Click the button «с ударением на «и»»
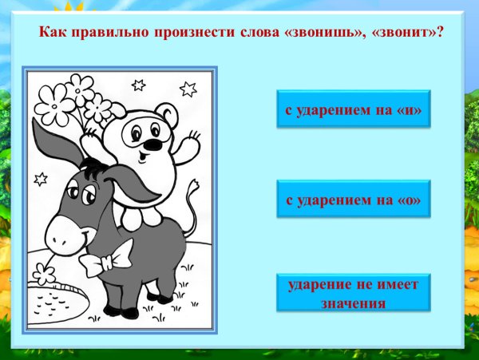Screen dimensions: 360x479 tap(354, 109)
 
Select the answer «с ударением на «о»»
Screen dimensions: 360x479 tap(354, 200)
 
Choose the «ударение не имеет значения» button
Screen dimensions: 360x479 tap(354, 293)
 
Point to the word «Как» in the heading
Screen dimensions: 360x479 tap(52, 34)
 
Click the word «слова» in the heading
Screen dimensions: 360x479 tap(245, 34)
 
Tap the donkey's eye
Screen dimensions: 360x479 tap(73, 194)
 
